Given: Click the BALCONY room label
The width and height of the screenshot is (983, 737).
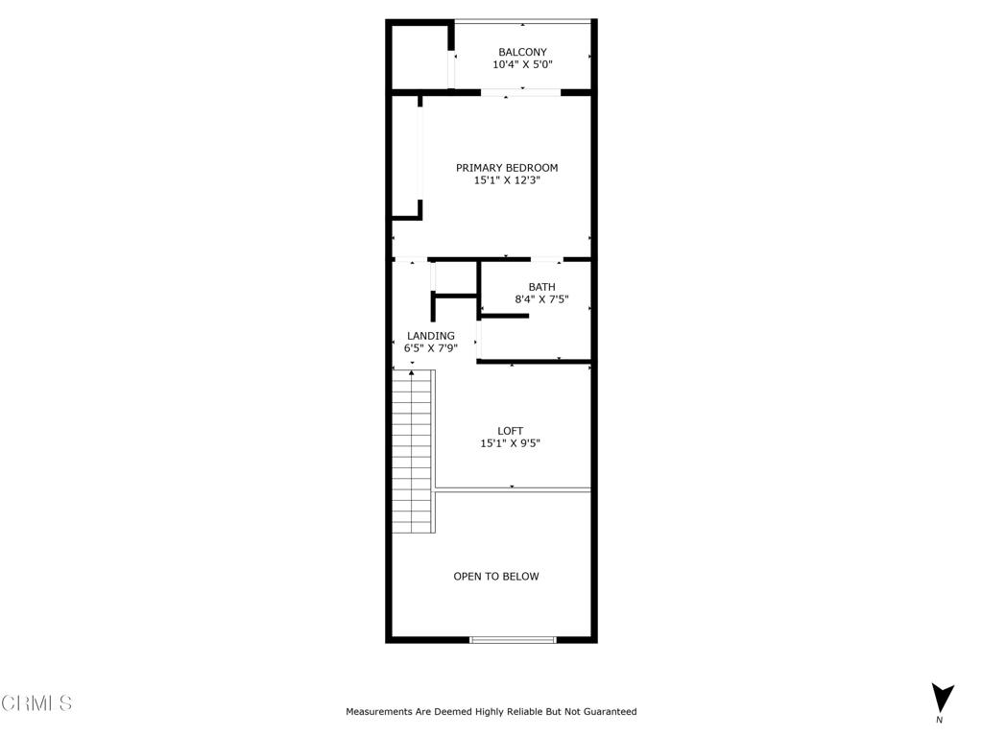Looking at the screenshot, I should (522, 52).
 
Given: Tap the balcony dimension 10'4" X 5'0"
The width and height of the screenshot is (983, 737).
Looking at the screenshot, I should (522, 64).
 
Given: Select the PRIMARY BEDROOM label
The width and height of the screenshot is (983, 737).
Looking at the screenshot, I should (507, 168).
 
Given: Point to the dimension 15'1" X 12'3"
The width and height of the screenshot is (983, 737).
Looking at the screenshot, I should (507, 180).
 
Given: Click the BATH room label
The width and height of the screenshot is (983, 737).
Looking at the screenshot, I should (541, 287).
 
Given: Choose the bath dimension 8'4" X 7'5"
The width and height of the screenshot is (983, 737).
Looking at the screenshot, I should (541, 299).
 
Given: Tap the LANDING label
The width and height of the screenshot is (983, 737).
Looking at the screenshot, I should (431, 336).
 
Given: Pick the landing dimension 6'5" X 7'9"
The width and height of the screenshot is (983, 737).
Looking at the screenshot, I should (431, 348).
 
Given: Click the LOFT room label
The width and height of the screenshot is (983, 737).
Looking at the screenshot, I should (511, 431).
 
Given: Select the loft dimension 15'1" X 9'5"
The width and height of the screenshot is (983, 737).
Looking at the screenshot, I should (511, 443).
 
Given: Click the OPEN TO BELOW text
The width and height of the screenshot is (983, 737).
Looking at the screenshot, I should (496, 577).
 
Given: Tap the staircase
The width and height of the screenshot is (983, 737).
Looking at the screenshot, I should (413, 451).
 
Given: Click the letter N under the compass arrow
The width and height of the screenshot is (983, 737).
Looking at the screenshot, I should (941, 720).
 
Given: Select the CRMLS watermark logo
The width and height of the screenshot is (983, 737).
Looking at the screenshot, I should (36, 703).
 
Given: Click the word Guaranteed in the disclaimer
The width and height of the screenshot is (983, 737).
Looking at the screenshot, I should (607, 712).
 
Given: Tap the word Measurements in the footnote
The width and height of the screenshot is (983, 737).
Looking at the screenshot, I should (378, 712).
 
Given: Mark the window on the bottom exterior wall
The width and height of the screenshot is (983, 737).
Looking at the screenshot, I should (513, 639).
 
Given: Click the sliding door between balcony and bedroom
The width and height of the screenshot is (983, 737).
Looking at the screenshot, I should (520, 92).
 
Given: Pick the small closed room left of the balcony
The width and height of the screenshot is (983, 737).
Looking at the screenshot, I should (419, 56).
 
